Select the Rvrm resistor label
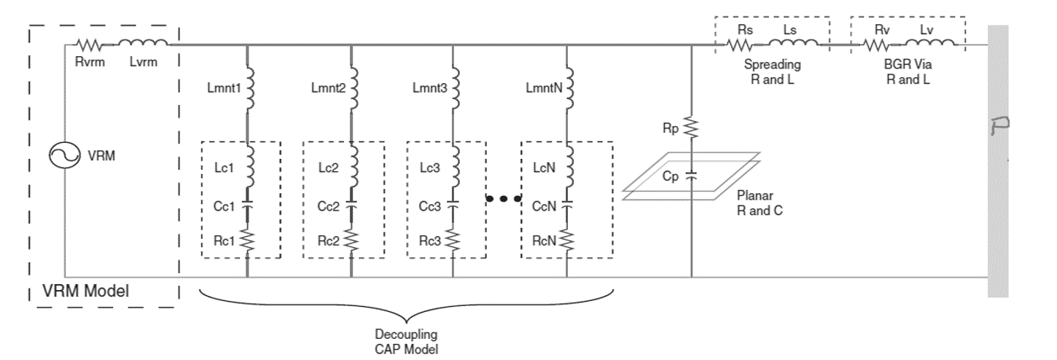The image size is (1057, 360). (91, 61)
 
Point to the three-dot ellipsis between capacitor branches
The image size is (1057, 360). (502, 198)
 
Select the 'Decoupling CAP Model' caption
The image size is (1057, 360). (406, 341)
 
